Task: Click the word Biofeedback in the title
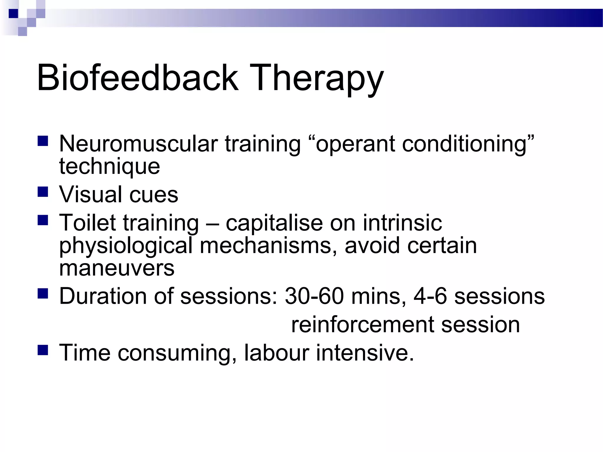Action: (137, 78)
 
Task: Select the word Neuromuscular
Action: (138, 144)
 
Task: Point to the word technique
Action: (110, 167)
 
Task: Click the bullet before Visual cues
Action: (43, 192)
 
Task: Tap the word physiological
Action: (126, 246)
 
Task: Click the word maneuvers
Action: (117, 268)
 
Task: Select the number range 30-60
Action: (314, 296)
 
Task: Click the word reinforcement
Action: (362, 325)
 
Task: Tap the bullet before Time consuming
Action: (43, 350)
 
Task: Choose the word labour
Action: (276, 353)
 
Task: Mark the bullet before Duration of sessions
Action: (43, 294)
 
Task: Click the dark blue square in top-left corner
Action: (14, 14)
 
